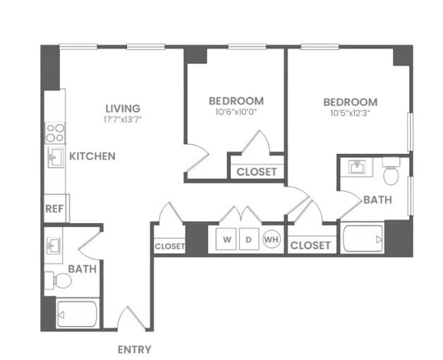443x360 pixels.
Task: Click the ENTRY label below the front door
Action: pos(133,349)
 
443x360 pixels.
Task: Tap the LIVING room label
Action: pos(123,108)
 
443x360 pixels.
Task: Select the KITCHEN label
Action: pos(92,156)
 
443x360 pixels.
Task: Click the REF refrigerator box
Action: pos(54,209)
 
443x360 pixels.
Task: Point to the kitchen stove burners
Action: pos(55,133)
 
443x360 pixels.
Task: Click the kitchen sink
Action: pos(54,157)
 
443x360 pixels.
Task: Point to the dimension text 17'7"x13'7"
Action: pos(123,120)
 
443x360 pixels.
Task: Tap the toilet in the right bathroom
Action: pos(392,172)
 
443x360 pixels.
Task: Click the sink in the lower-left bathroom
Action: pos(54,246)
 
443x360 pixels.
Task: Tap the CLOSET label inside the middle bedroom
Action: pos(256,172)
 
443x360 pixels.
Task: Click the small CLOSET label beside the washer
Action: pos(169,246)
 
